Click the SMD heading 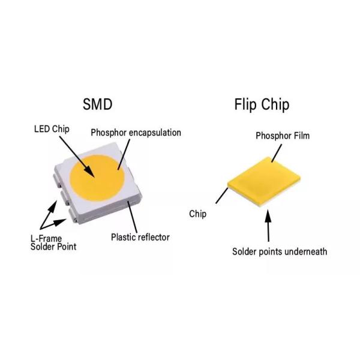tap(97, 105)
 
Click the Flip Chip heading tap(261, 105)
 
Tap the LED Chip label tap(51, 130)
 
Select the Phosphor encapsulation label tap(136, 133)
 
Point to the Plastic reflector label tap(140, 237)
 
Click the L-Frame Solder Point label tap(53, 242)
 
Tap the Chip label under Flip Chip tap(198, 214)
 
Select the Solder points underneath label tap(280, 251)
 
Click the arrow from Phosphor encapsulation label tap(122, 155)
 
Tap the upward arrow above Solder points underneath tap(268, 226)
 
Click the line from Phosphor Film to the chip tap(277, 151)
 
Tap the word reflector tap(154, 237)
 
